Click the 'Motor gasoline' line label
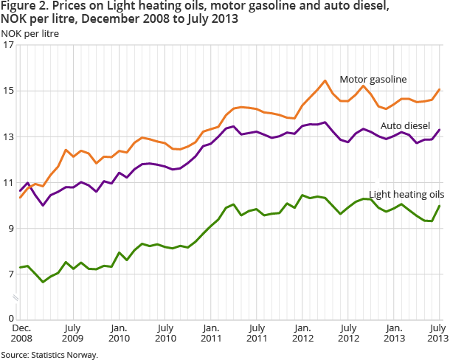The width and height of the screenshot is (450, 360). pos(373,79)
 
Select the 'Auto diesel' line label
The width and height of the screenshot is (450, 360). pos(405,126)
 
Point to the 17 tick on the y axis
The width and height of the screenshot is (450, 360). pos(9,46)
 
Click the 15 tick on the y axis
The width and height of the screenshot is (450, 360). pos(9,91)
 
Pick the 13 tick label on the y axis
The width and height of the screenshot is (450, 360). pos(9,137)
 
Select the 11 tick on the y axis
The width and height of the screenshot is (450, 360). pos(9,183)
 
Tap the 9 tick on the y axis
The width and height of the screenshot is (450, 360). pos(10,229)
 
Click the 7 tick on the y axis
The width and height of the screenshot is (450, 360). pos(10,274)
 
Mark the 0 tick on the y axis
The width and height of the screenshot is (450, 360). pos(10,318)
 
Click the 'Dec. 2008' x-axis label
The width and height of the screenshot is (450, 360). pos(21,332)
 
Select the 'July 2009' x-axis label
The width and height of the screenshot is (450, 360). pos(72,332)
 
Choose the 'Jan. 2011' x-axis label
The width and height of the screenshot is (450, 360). pos(211,332)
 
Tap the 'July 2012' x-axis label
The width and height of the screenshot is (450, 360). pos(348,332)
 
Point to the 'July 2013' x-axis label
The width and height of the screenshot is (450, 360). pos(438,332)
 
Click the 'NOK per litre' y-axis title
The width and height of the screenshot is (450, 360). pos(30,33)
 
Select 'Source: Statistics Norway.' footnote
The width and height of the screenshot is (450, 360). pos(49,355)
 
